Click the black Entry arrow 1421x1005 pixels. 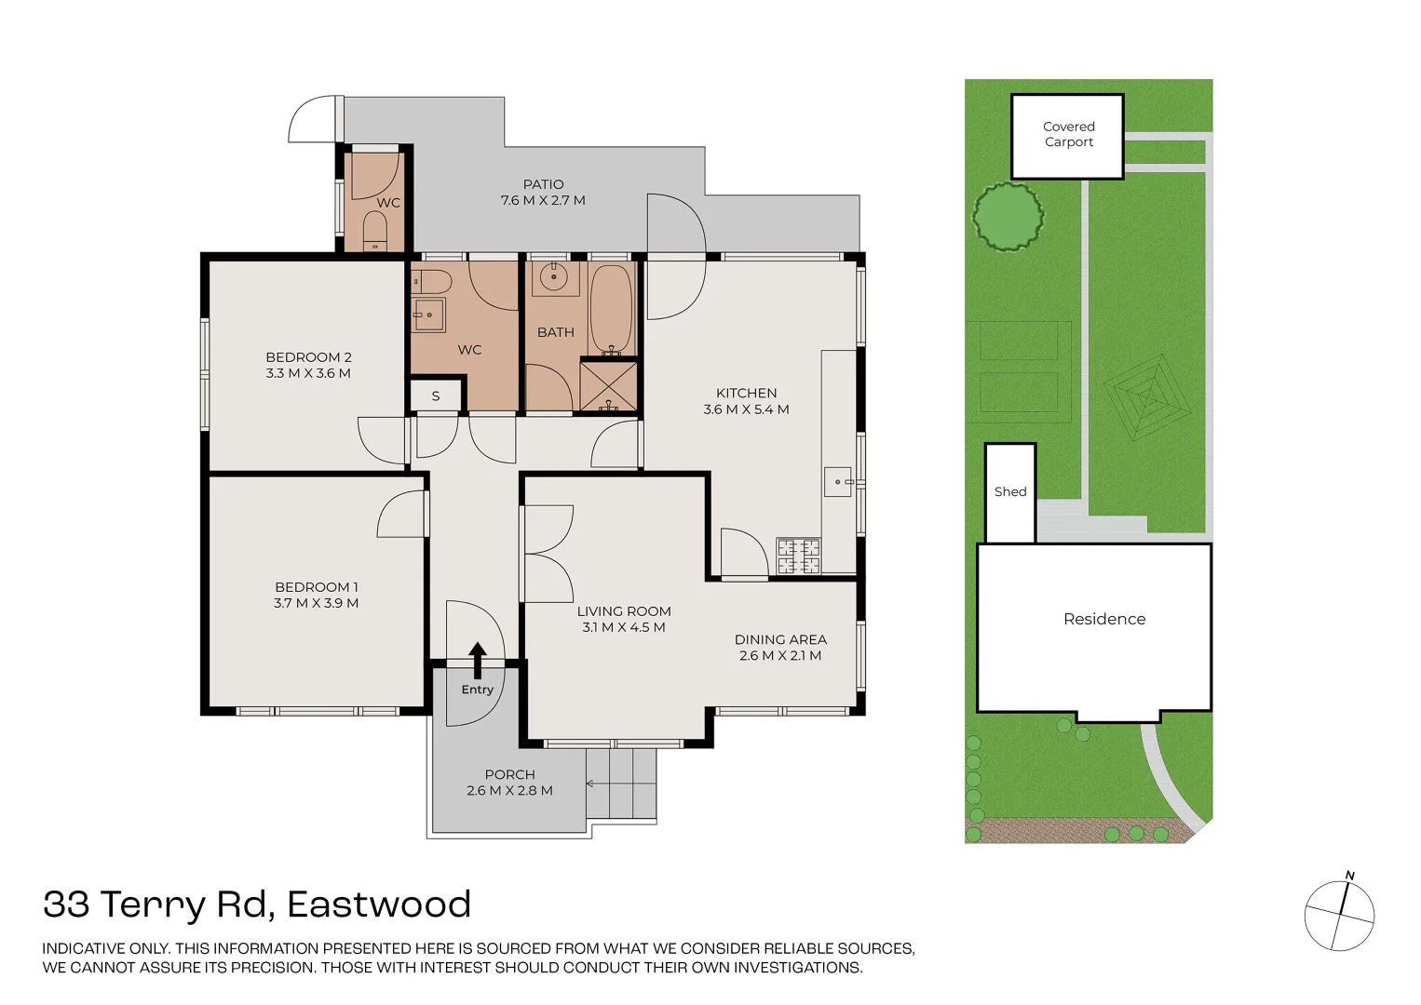[478, 660]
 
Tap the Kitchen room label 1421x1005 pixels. [746, 393]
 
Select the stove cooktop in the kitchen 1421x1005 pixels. [799, 556]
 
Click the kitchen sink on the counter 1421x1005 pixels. [838, 482]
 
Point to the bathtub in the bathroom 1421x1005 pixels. [610, 310]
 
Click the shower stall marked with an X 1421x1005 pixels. [608, 385]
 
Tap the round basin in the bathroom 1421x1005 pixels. [555, 277]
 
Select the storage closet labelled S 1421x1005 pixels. [435, 395]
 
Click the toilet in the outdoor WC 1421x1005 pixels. [375, 231]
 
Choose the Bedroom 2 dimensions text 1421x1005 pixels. [308, 373]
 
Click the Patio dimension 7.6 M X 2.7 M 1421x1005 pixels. [543, 200]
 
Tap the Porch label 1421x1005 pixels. [510, 774]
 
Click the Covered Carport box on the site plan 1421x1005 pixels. [1068, 136]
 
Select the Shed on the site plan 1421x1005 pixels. [1010, 493]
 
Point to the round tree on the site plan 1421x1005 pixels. [1008, 216]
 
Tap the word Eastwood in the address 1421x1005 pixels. [379, 904]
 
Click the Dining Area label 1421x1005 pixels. [780, 640]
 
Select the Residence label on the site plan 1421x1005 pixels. [1104, 619]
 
